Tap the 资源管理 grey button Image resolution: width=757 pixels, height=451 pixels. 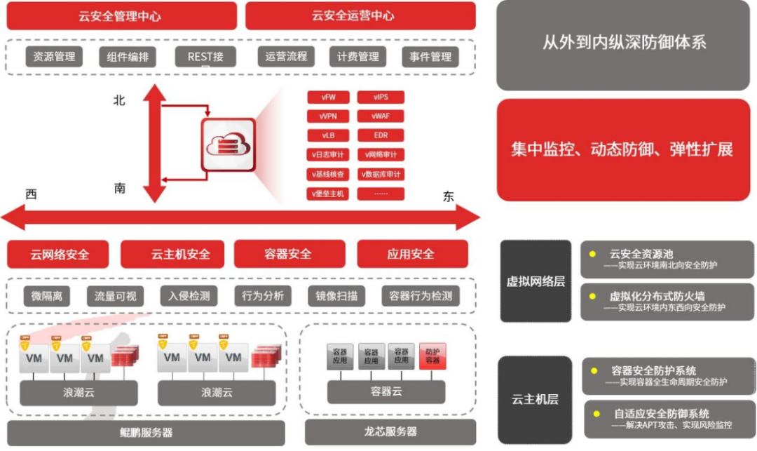55,57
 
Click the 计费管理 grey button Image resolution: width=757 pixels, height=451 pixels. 358,57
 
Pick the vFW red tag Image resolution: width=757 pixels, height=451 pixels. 327,97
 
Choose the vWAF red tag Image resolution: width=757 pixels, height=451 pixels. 381,116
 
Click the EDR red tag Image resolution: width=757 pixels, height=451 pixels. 381,135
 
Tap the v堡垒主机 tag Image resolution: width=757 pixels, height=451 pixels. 327,193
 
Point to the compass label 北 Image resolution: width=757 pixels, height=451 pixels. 120,100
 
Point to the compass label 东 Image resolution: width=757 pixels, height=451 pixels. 448,196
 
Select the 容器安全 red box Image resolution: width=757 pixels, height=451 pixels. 289,254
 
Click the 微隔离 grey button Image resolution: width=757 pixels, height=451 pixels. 47,296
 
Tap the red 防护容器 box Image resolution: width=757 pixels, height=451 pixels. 432,356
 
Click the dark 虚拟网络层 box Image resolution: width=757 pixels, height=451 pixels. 536,281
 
